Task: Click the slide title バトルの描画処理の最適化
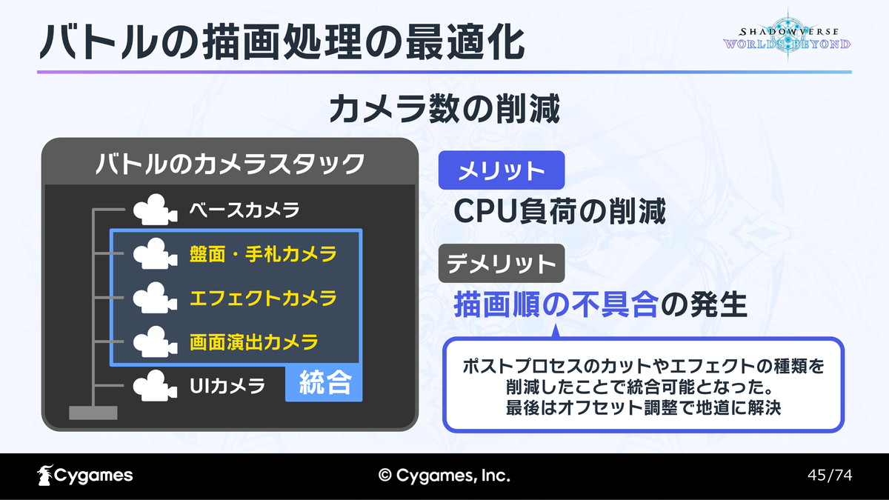282,41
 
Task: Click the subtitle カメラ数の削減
444,108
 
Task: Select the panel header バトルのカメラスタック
230,164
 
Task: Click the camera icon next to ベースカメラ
155,210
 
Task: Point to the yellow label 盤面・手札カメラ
263,254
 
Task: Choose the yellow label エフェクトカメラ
263,298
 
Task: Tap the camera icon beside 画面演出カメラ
155,341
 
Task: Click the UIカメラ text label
227,386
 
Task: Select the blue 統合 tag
324,382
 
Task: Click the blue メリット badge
502,170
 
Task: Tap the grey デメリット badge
502,264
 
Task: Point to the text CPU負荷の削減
559,212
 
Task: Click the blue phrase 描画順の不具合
556,304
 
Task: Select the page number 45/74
830,475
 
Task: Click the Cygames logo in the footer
85,476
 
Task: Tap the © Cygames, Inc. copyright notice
444,476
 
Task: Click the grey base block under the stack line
93,413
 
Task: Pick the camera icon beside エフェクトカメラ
155,298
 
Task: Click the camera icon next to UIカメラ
155,386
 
